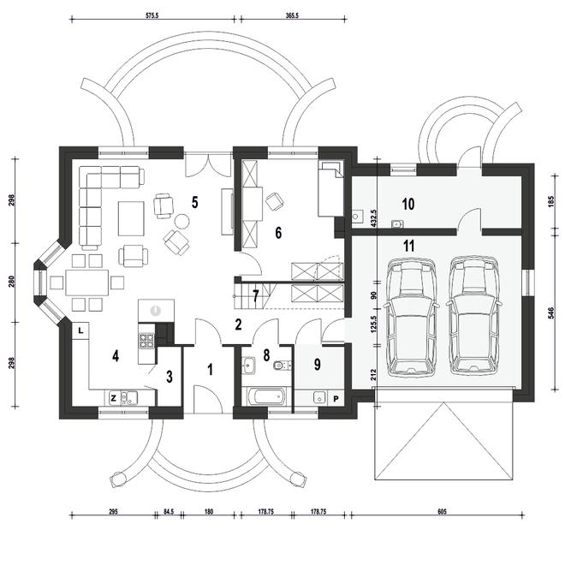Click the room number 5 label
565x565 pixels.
[x=194, y=203]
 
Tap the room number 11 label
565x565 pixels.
[x=408, y=247]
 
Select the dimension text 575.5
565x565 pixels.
[x=152, y=15]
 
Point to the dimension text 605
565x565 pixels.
[x=442, y=512]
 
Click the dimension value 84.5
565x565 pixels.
[x=169, y=512]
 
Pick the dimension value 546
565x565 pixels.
[x=551, y=313]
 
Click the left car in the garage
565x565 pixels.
[x=411, y=317]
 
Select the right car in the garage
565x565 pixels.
[x=473, y=316]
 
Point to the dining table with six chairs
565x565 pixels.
[x=86, y=282]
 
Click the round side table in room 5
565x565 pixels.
[x=181, y=221]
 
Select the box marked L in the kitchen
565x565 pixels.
[x=80, y=330]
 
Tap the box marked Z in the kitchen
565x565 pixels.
[x=114, y=398]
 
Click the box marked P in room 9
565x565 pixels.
[x=336, y=399]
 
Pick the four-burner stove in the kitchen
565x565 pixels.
[x=146, y=341]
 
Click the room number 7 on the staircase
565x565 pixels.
[x=255, y=296]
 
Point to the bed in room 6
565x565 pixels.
[x=330, y=188]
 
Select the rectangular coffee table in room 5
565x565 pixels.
[x=131, y=218]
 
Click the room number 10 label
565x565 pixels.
[x=407, y=205]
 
